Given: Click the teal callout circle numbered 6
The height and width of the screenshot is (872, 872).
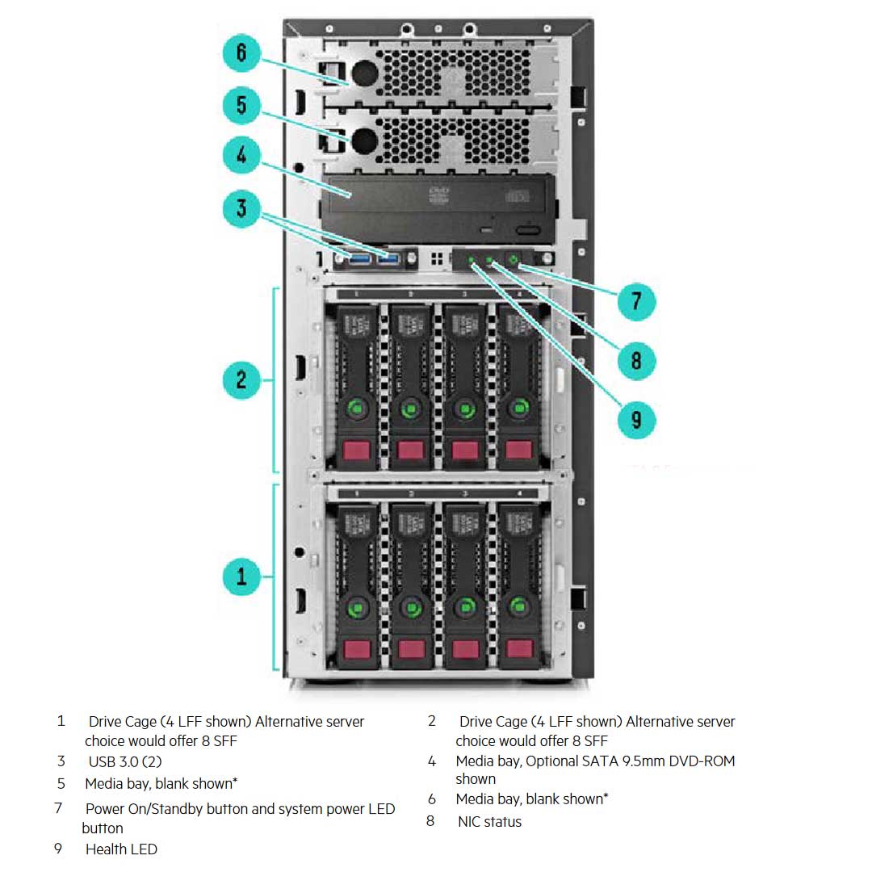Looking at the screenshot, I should pyautogui.click(x=241, y=55).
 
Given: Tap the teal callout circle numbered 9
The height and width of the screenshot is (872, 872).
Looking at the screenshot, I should pyautogui.click(x=636, y=420).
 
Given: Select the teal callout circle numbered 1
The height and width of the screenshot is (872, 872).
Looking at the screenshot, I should pyautogui.click(x=241, y=576).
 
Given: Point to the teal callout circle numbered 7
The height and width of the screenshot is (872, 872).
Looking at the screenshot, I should pyautogui.click(x=636, y=301).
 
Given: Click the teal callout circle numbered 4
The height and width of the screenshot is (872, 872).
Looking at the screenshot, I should pyautogui.click(x=241, y=155).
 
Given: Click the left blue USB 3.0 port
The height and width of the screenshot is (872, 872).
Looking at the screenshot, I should pyautogui.click(x=359, y=258).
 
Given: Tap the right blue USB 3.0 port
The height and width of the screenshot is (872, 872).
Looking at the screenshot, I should pyautogui.click(x=389, y=258).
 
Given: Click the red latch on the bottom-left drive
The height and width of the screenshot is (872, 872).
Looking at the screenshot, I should pyautogui.click(x=356, y=649).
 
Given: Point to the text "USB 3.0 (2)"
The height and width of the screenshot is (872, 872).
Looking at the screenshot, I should pyautogui.click(x=125, y=761).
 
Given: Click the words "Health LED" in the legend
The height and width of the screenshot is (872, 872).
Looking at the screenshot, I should pyautogui.click(x=121, y=849).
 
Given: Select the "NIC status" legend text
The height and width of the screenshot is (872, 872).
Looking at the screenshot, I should pyautogui.click(x=489, y=822).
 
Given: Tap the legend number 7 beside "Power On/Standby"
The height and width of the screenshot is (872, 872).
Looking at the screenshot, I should pyautogui.click(x=58, y=808).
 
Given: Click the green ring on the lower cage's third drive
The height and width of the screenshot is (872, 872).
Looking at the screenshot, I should pyautogui.click(x=465, y=607).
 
